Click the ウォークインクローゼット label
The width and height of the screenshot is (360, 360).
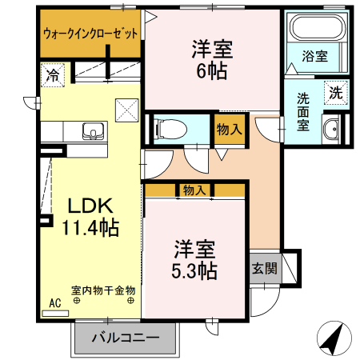click(90, 34)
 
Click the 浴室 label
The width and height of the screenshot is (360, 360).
click(314, 56)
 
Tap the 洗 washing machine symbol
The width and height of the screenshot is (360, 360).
click(336, 92)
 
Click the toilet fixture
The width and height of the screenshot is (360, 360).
click(169, 127)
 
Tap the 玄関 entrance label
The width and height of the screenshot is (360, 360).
click(264, 269)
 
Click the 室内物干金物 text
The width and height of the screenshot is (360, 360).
click(103, 290)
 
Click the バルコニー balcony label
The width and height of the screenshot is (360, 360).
click(125, 338)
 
